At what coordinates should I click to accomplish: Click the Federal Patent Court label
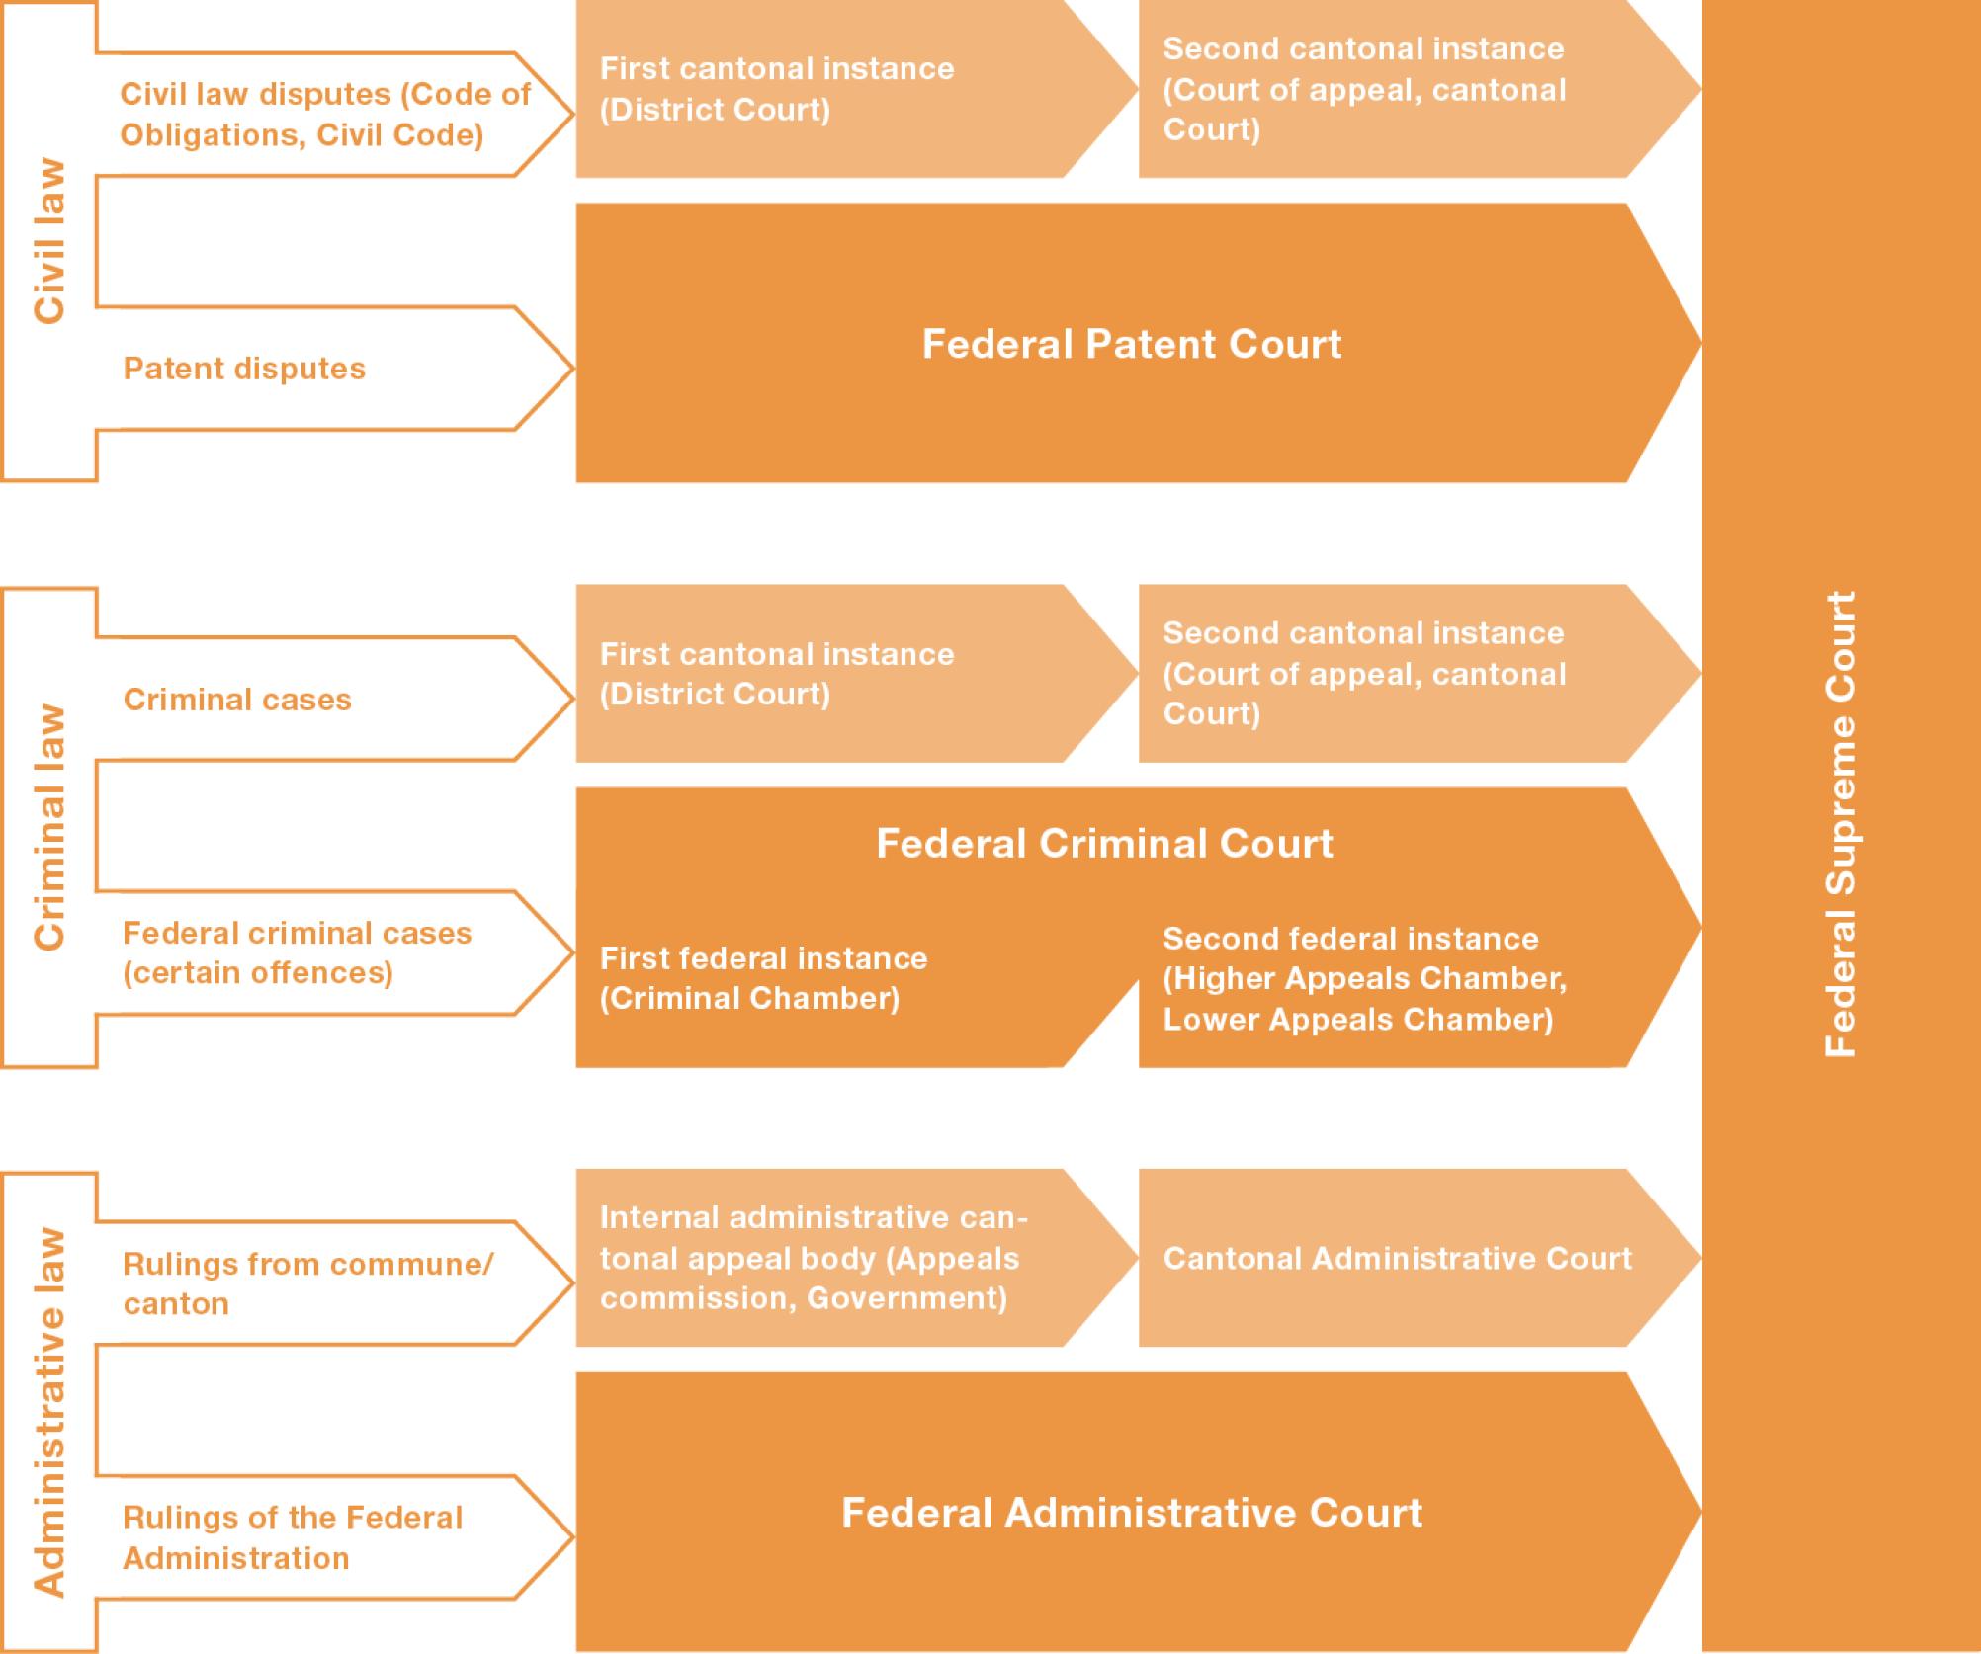(1132, 344)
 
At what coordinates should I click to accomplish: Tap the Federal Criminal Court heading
(1104, 843)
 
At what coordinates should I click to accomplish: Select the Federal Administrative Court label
(1132, 1513)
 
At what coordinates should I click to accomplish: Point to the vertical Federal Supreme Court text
(1840, 824)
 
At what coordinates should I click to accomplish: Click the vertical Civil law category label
(49, 240)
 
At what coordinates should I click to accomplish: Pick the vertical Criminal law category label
(49, 827)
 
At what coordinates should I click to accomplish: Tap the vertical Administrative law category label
(49, 1412)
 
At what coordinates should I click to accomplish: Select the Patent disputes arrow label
(244, 369)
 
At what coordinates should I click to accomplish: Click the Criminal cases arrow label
(237, 700)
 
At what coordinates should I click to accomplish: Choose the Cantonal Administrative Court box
(1420, 1258)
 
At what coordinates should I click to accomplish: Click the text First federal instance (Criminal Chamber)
(763, 978)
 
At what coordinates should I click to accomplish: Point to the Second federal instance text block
(1364, 978)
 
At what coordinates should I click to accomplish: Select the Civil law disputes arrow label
(325, 115)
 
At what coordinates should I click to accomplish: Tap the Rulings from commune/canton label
(307, 1283)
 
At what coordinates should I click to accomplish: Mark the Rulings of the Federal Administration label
(293, 1537)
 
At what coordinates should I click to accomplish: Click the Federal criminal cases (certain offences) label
(297, 952)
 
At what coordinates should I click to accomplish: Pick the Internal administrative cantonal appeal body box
(856, 1258)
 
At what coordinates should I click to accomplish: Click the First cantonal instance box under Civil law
(856, 89)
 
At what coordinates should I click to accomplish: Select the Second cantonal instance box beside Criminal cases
(1420, 674)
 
